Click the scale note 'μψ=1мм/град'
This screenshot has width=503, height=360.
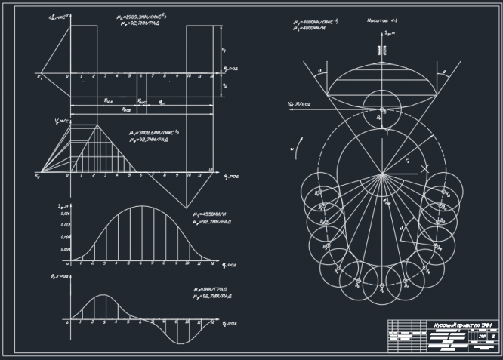tap(208, 290)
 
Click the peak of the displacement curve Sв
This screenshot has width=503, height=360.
tap(141, 206)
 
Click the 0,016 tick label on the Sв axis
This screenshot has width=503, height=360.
tap(64, 214)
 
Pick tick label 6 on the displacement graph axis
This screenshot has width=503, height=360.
tap(140, 263)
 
